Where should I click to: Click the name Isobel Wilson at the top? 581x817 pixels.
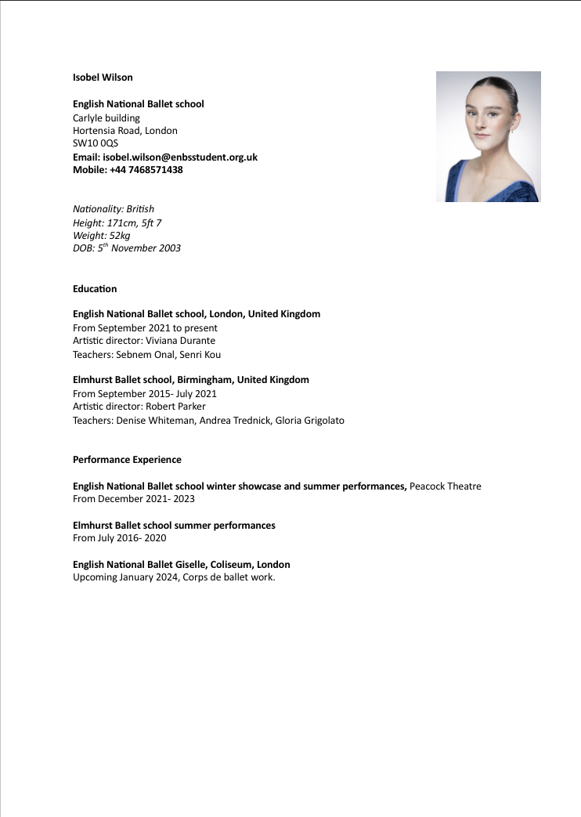pyautogui.click(x=103, y=78)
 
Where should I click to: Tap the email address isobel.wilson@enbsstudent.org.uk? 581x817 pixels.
pyautogui.click(x=180, y=157)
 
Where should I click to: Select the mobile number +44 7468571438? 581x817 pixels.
pyautogui.click(x=146, y=169)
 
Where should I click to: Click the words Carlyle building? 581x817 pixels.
pyautogui.click(x=106, y=117)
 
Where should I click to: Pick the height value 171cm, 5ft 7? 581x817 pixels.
pyautogui.click(x=134, y=223)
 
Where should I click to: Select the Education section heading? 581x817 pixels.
pyautogui.click(x=95, y=289)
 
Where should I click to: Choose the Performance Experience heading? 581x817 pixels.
pyautogui.click(x=127, y=460)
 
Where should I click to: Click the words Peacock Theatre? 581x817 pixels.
pyautogui.click(x=445, y=486)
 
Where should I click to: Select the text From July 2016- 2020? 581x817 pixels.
pyautogui.click(x=119, y=538)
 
